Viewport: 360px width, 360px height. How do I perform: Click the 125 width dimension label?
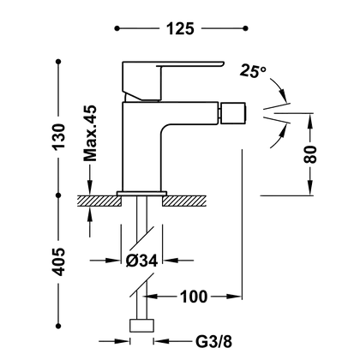pos(180,28)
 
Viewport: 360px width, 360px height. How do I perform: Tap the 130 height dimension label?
pos(59,136)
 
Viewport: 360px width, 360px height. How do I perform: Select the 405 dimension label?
pos(59,261)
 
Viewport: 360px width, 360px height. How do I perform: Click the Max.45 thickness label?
pos(90,133)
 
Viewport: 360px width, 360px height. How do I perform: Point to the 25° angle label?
pos(253,70)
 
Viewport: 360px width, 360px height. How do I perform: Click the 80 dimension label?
pos(310,154)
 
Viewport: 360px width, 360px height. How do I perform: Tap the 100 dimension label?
pos(194,297)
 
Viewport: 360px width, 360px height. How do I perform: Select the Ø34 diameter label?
pos(141,261)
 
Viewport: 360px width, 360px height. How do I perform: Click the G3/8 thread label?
pos(213,341)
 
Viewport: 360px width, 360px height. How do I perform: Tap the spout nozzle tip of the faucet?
pos(234,113)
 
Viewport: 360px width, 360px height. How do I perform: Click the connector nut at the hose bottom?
pos(142,326)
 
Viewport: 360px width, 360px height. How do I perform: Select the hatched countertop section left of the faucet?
pos(99,201)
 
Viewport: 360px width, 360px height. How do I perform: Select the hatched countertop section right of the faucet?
pos(184,201)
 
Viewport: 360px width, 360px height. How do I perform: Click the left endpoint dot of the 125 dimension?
pos(117,28)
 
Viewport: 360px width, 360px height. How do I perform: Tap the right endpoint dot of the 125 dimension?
pos(245,28)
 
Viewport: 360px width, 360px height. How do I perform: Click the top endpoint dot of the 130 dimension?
pos(58,62)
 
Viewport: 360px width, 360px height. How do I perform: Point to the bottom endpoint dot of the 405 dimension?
pos(58,326)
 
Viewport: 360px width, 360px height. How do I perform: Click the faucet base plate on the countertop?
pos(141,194)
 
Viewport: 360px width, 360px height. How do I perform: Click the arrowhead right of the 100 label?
pos(234,297)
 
